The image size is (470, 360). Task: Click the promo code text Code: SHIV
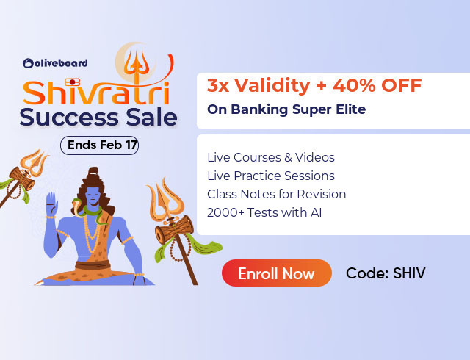pos(386,274)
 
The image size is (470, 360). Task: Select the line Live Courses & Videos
pos(270,157)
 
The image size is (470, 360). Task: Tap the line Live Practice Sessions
pos(270,176)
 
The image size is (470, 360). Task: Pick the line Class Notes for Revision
pos(276,194)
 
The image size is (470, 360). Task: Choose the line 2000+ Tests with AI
pos(264,212)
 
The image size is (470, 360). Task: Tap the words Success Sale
pos(98,118)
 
